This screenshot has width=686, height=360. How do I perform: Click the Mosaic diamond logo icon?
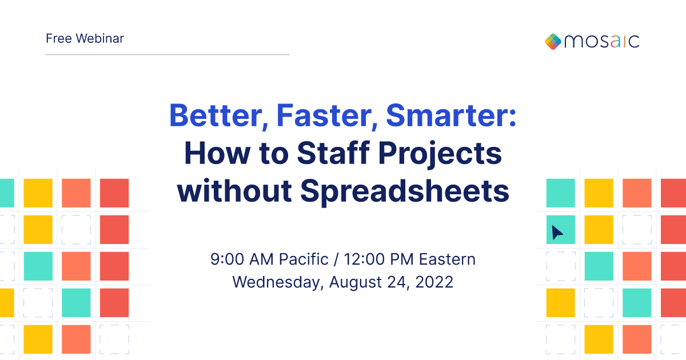point(553,41)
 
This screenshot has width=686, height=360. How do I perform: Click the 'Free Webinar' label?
point(85,39)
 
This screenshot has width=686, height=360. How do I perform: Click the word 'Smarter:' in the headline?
point(451,115)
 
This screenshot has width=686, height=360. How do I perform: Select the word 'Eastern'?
point(447,259)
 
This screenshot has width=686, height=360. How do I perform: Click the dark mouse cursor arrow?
point(557,233)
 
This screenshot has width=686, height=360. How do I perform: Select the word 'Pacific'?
point(304,259)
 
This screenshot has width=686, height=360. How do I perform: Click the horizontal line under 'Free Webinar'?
point(167,55)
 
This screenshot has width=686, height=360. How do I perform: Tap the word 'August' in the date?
point(355,282)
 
